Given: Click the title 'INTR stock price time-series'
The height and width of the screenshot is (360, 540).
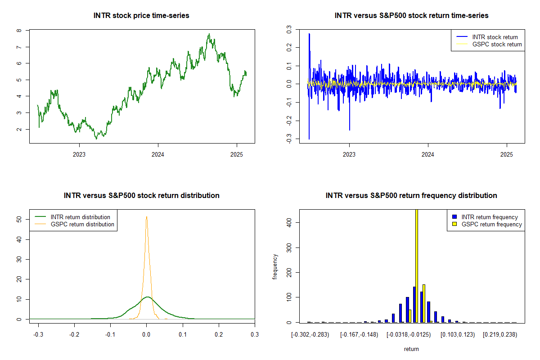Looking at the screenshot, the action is click(141, 15).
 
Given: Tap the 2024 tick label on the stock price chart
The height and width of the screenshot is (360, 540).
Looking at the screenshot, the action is click(158, 154).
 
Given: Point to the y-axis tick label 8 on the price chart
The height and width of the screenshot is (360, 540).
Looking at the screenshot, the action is click(19, 31).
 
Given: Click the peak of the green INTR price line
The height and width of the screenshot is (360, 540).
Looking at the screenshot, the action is click(209, 34).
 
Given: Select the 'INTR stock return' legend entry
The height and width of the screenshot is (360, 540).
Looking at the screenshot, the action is click(487, 37).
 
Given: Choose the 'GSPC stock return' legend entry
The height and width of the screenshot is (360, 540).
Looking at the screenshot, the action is click(489, 45).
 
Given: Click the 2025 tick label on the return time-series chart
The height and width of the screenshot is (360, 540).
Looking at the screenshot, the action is click(507, 154).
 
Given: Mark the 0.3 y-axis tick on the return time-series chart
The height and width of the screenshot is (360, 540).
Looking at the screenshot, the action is click(289, 29).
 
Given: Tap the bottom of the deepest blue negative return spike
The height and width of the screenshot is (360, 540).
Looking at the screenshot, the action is click(309, 139).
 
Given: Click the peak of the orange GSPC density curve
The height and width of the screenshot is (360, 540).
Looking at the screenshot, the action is click(147, 217).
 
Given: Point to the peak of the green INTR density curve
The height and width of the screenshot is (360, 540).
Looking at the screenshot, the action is click(148, 297).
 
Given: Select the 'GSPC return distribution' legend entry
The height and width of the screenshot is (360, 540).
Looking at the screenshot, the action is click(74, 224).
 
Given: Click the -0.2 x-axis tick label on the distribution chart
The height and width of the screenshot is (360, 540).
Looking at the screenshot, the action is click(74, 335).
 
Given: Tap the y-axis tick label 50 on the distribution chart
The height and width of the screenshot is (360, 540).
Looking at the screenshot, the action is click(19, 219).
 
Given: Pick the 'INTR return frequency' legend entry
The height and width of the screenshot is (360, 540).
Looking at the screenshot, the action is click(485, 217).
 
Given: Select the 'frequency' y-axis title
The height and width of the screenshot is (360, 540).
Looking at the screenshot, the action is click(275, 267).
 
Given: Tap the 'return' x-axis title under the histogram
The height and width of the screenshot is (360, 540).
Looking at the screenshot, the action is click(411, 349).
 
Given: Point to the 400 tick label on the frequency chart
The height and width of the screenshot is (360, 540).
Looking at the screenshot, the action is click(289, 223).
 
